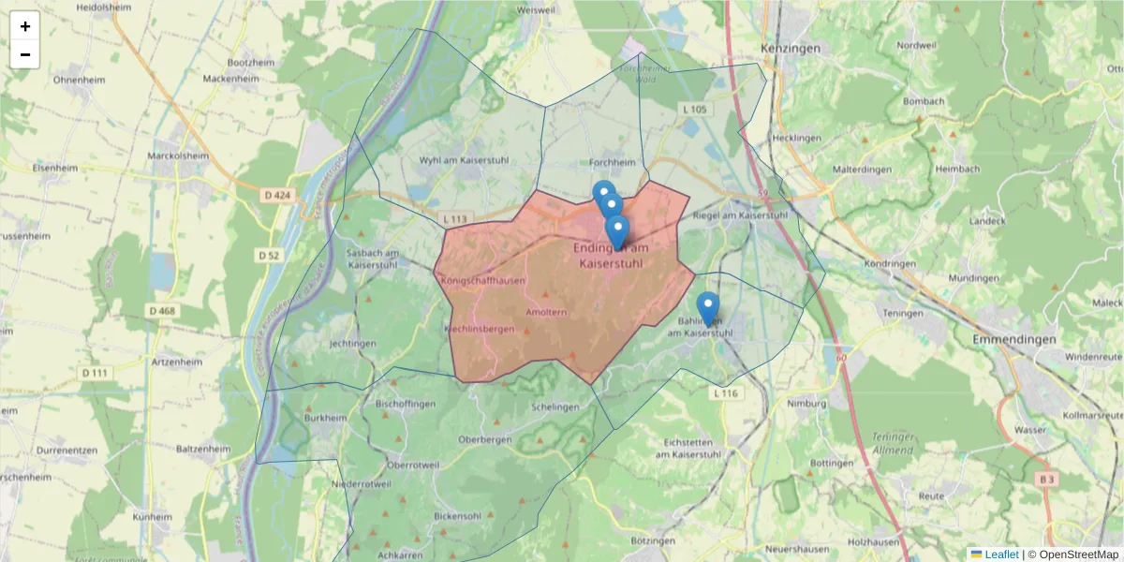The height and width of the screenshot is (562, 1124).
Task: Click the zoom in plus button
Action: click(25, 26)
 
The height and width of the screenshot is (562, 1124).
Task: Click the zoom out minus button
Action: click(25, 54)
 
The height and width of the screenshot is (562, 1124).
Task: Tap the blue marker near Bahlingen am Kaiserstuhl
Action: click(708, 308)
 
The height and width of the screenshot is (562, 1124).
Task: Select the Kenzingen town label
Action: click(791, 48)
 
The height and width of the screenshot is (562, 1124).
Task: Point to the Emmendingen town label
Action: click(1013, 339)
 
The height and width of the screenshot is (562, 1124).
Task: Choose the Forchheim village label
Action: click(614, 162)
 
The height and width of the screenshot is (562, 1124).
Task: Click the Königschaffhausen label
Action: click(482, 280)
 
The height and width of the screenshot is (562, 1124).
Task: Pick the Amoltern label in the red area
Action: click(546, 312)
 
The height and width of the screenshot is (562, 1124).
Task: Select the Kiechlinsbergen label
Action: click(480, 330)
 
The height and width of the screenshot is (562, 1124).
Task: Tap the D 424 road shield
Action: click(278, 195)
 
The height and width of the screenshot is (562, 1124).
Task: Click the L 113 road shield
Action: click(454, 219)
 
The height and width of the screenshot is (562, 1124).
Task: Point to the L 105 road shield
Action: click(694, 110)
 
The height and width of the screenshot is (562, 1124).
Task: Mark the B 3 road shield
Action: click(1046, 479)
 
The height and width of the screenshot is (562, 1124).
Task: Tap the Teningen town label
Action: click(905, 314)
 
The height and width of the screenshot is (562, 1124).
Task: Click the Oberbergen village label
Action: click(484, 439)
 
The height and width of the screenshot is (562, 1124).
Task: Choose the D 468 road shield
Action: click(162, 310)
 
